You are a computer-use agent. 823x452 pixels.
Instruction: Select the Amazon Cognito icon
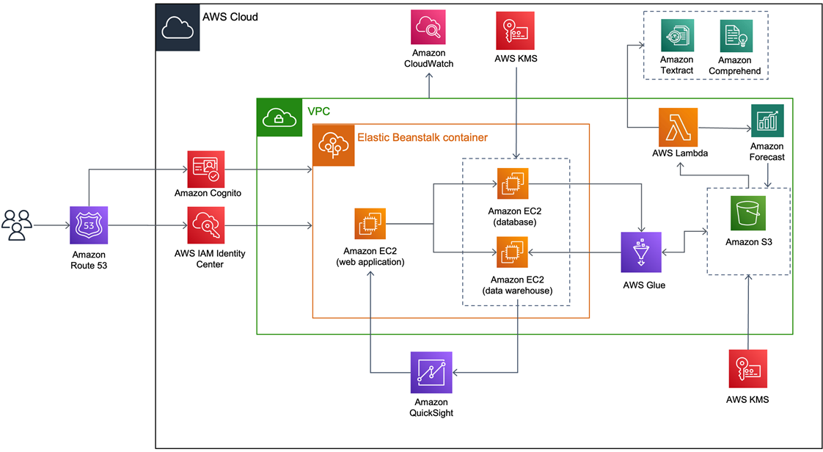click(207, 168)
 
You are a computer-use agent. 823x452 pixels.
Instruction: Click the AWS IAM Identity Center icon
click(207, 225)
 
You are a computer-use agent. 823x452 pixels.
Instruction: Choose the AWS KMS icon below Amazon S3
click(747, 369)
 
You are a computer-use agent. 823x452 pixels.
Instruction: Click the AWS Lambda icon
click(678, 126)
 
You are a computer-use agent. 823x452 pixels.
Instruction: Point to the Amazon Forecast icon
click(767, 120)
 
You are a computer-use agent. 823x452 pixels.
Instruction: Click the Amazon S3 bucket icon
click(747, 214)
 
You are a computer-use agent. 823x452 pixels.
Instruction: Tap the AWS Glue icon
click(641, 252)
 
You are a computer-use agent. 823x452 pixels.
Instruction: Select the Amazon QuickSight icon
click(431, 372)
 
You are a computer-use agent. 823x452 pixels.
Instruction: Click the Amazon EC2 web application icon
click(371, 225)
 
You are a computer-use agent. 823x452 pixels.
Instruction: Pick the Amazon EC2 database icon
click(513, 185)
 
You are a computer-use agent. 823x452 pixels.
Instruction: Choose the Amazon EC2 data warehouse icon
click(513, 254)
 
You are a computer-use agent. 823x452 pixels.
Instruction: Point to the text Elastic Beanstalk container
click(423, 137)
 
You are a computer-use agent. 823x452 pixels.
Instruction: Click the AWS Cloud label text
click(229, 17)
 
